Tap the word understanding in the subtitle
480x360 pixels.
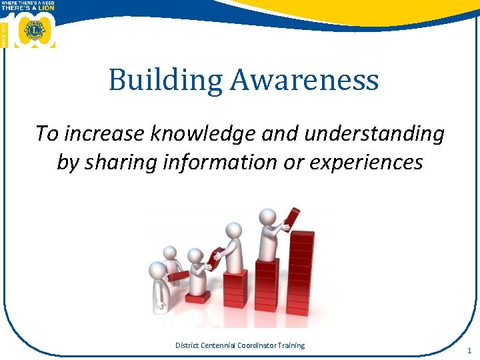(365, 133)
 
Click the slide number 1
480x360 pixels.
(469, 351)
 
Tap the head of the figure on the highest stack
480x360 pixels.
(267, 217)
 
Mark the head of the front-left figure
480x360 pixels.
(157, 270)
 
